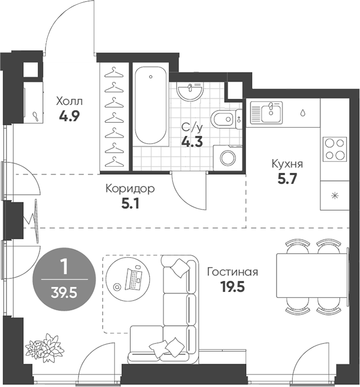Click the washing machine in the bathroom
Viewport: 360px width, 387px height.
coord(228,157)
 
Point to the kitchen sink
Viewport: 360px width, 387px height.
coord(266,112)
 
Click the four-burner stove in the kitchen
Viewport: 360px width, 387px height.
coord(335,149)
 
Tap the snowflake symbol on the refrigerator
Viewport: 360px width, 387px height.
coord(335,196)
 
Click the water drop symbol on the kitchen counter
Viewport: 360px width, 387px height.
coord(303,113)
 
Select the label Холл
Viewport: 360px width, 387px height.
coord(69,101)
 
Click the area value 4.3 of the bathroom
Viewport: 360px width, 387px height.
coord(192,142)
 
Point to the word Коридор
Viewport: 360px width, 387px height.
coord(130,189)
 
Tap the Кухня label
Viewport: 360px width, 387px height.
coord(287,164)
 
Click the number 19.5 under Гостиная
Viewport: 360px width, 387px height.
coord(233,287)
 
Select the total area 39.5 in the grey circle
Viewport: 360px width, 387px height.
coord(64,293)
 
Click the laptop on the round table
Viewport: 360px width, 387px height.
coord(133,279)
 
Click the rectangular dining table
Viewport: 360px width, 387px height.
coord(312,276)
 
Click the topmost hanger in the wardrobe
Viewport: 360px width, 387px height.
coord(114,72)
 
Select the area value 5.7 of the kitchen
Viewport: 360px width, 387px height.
coord(287,179)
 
